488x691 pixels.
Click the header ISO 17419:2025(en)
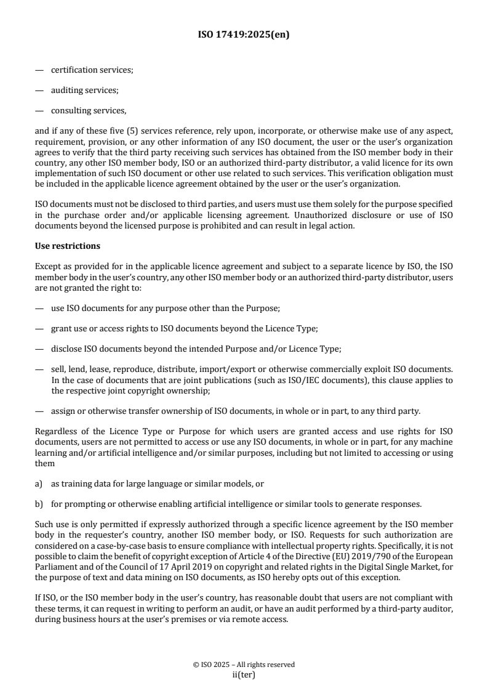coord(244,35)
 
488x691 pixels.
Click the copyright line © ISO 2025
coord(244,665)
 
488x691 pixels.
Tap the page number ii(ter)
coord(244,674)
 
